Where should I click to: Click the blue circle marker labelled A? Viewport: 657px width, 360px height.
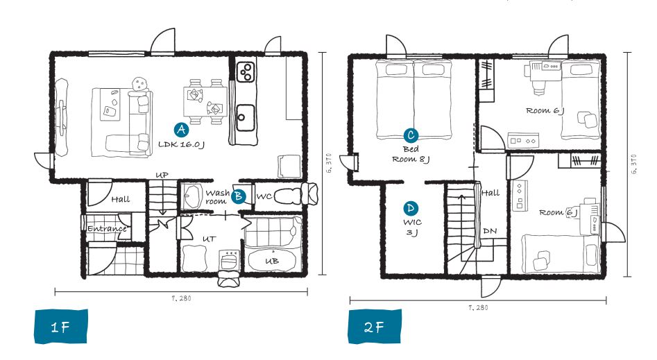tap(181, 130)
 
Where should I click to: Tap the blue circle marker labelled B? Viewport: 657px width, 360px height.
tap(239, 196)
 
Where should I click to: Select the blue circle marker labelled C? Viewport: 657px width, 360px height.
tap(411, 135)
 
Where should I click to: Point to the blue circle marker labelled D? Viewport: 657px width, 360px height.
tap(411, 208)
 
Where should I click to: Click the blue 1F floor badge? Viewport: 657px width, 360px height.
tap(61, 327)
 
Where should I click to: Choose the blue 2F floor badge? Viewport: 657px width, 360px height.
tap(375, 327)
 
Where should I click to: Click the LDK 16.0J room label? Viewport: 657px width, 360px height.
tap(181, 144)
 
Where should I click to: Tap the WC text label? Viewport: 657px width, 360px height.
tap(264, 196)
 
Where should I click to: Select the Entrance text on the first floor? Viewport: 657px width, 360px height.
tap(107, 229)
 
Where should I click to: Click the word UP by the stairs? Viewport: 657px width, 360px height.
tap(162, 175)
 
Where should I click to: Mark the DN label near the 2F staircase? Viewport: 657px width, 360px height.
tap(490, 231)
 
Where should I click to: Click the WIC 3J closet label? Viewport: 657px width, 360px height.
tap(412, 227)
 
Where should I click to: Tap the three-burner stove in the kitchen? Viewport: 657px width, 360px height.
tap(246, 71)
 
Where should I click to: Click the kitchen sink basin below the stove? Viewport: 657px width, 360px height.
tap(245, 118)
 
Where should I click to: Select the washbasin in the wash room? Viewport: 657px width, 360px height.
tap(193, 196)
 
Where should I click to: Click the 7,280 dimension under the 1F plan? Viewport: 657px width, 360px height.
tap(181, 298)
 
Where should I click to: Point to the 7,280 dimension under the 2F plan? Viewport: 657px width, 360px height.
tap(478, 307)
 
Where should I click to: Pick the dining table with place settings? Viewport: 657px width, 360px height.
tap(205, 101)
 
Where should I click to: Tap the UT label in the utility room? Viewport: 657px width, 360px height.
tap(209, 239)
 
